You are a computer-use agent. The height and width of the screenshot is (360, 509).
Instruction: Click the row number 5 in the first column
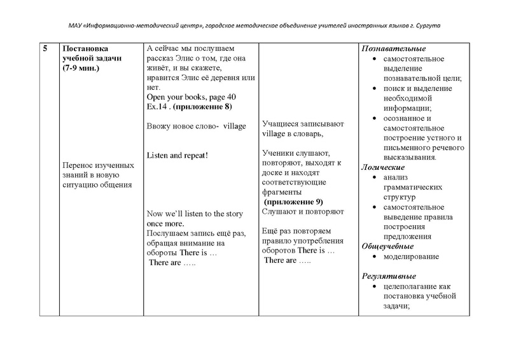(x=46, y=49)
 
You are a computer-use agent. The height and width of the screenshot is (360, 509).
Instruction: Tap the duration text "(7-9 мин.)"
(x=81, y=67)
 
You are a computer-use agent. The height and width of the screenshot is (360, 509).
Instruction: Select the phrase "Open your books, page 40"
(x=191, y=96)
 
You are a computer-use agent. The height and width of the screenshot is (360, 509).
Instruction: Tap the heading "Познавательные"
(x=394, y=49)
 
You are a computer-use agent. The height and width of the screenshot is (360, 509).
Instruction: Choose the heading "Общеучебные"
(x=387, y=246)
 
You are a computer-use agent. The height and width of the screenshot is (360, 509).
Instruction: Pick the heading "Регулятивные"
(x=389, y=277)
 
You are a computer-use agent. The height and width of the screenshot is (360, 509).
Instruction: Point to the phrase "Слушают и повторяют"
(x=303, y=211)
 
